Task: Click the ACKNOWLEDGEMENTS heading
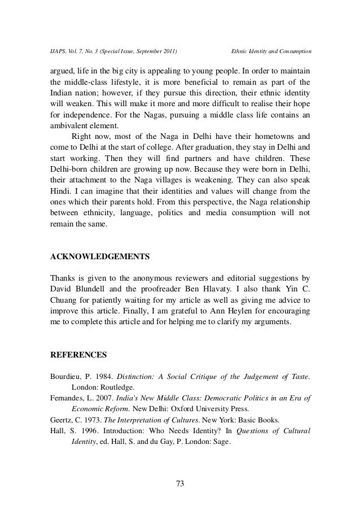coord(100,256)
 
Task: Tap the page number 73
coord(180,483)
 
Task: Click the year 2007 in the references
coord(109,399)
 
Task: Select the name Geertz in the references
coord(62,420)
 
